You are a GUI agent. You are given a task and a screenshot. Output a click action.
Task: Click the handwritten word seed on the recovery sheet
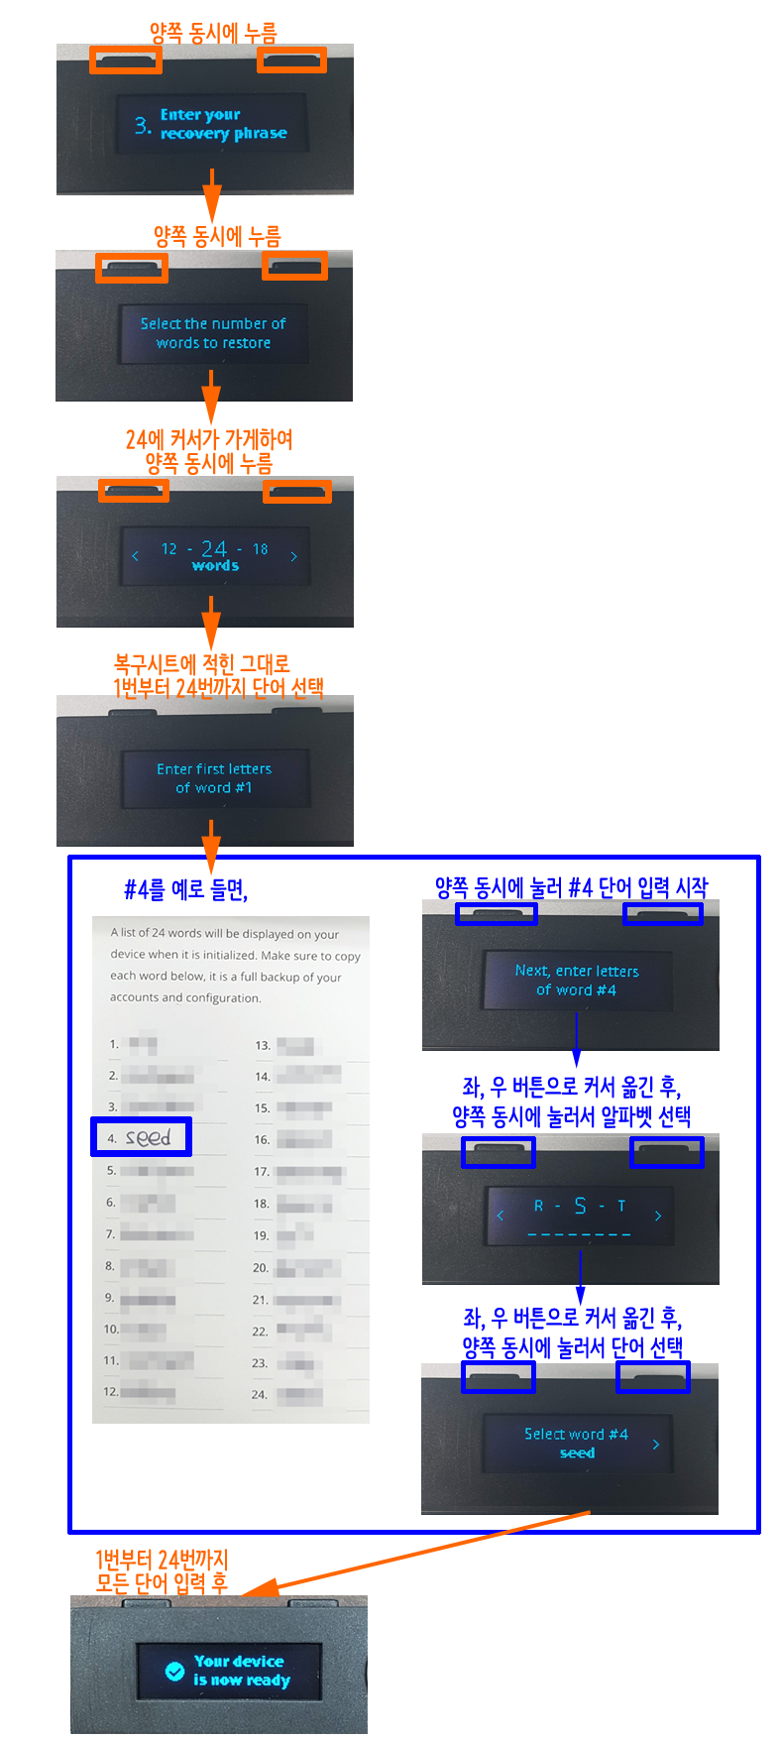pyautogui.click(x=148, y=1138)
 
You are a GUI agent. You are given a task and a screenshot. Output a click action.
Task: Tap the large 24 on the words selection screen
pyautogui.click(x=214, y=548)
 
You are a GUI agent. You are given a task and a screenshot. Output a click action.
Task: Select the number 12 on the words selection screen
pyautogui.click(x=169, y=549)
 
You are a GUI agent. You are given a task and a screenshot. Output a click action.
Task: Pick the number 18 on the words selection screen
pyautogui.click(x=260, y=549)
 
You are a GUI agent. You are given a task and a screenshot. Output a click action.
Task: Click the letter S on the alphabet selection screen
pyautogui.click(x=580, y=1206)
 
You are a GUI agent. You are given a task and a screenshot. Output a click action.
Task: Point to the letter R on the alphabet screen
pyautogui.click(x=538, y=1207)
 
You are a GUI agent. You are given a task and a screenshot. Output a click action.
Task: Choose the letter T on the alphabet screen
pyautogui.click(x=621, y=1207)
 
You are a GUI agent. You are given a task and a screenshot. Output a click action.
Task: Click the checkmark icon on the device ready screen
pyautogui.click(x=174, y=1671)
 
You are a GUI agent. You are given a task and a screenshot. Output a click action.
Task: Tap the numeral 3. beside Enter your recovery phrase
pyautogui.click(x=143, y=125)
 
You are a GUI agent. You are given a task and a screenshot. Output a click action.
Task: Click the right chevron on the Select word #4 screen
pyautogui.click(x=656, y=1445)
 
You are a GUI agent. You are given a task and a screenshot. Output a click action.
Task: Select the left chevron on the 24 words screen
pyautogui.click(x=135, y=556)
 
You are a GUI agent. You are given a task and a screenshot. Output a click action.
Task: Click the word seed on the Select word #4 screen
pyautogui.click(x=577, y=1453)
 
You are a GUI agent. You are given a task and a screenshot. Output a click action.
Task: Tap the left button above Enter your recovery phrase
pyautogui.click(x=126, y=60)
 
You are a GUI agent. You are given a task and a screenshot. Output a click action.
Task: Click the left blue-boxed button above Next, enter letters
pyautogui.click(x=496, y=913)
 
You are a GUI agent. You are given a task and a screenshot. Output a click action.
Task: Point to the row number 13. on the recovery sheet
pyautogui.click(x=263, y=1045)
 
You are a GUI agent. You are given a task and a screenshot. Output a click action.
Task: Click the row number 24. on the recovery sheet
pyautogui.click(x=260, y=1394)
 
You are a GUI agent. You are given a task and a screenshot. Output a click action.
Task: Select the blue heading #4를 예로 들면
pyautogui.click(x=185, y=889)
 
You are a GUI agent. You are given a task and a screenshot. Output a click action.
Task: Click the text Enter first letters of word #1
pyautogui.click(x=214, y=778)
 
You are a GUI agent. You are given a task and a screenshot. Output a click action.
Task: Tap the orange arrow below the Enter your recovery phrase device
pyautogui.click(x=211, y=195)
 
